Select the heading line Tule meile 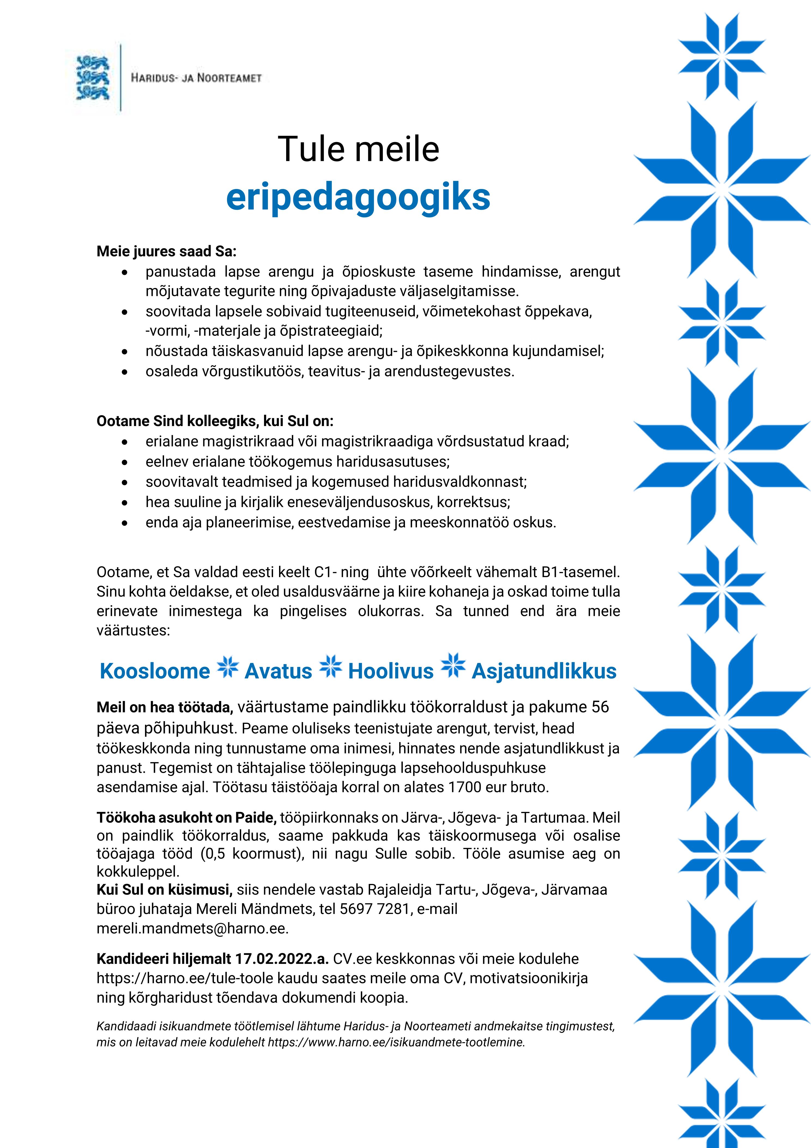[358, 149]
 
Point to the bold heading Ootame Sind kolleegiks [215, 421]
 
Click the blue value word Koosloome [155, 671]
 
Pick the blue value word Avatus [278, 671]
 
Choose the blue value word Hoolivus [391, 671]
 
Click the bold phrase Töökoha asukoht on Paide [186, 817]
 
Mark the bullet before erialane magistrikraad [125, 442]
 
